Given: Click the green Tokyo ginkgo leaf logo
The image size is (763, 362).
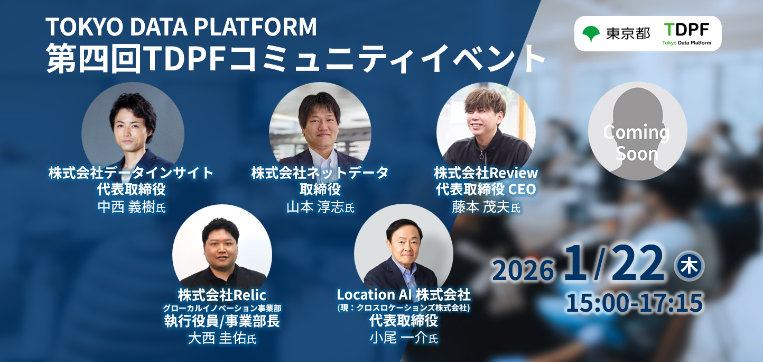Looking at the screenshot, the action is [x=591, y=33].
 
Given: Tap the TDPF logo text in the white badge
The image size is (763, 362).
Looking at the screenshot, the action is [x=687, y=30].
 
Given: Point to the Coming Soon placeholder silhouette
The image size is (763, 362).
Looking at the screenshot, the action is [x=637, y=131].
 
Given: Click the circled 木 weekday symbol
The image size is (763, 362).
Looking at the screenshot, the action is [x=690, y=266].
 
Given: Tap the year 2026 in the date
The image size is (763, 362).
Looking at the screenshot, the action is [x=523, y=270].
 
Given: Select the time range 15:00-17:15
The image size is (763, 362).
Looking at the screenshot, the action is [x=634, y=302].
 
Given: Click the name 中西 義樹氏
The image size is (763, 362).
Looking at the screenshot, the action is [x=132, y=207].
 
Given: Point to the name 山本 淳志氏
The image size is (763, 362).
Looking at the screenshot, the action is [x=321, y=207].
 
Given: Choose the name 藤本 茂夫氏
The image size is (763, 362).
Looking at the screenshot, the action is [x=486, y=207].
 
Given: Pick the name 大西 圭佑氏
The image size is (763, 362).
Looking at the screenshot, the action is [x=222, y=338].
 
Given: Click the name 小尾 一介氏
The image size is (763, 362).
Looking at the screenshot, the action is [x=404, y=338].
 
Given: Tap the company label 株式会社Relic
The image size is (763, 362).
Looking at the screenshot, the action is [x=222, y=295].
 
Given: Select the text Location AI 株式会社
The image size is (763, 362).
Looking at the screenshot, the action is [x=404, y=295].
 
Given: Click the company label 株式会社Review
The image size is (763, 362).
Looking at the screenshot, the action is [x=486, y=173].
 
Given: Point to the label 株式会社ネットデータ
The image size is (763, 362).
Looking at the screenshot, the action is [x=320, y=173].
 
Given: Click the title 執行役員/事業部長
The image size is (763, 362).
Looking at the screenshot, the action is [x=222, y=321].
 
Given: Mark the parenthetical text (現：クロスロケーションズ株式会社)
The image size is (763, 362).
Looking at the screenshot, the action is [x=404, y=308].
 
